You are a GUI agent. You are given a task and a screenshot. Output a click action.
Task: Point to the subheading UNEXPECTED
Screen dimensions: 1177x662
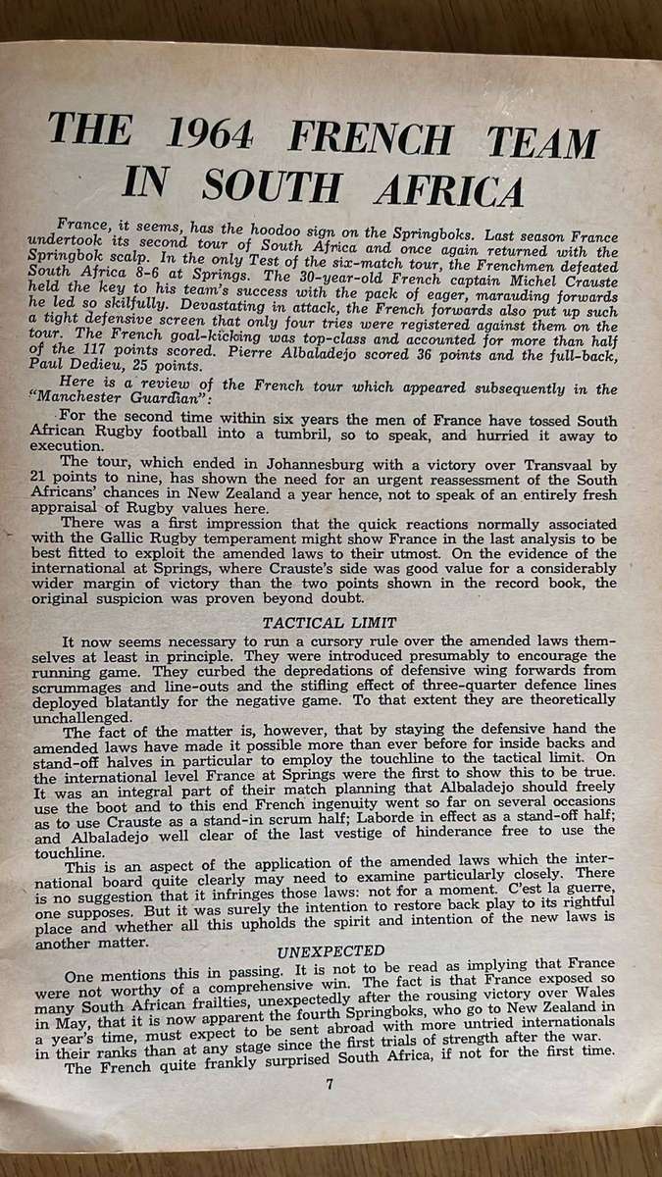click(331, 950)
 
